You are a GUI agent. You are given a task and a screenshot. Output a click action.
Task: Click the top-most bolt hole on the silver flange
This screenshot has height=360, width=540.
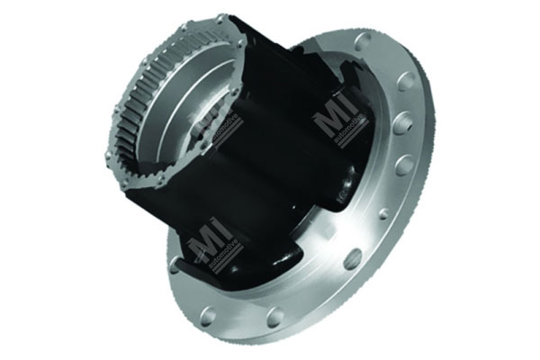coord(364,41)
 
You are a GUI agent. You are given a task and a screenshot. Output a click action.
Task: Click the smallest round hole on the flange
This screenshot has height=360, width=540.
coord(384,213)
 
